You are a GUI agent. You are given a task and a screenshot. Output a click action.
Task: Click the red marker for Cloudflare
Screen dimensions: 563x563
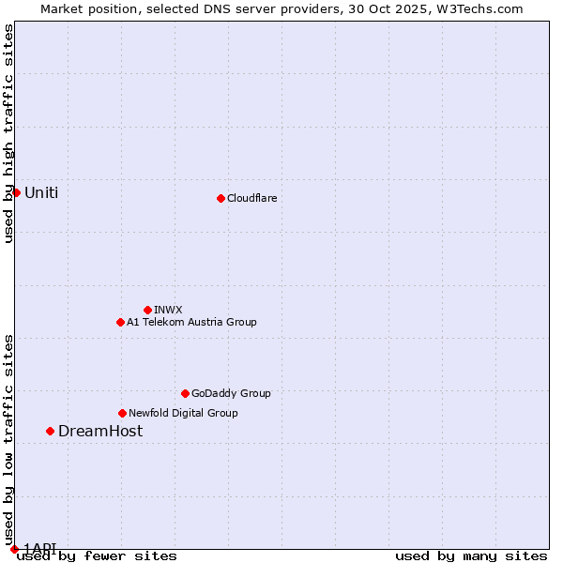[x=221, y=198]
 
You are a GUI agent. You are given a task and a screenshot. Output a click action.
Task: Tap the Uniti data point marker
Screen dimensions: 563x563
[x=16, y=192]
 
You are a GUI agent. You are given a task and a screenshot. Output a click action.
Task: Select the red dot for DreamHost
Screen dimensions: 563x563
[x=50, y=431]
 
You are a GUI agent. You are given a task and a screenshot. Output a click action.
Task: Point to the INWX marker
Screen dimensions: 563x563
[x=147, y=310]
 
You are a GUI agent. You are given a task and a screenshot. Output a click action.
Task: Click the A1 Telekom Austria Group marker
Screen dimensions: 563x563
[x=120, y=322]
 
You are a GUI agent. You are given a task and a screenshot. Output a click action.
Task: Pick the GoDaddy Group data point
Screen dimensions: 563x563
[x=185, y=393]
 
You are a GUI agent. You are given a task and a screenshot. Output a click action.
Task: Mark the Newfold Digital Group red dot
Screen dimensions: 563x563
[x=122, y=413]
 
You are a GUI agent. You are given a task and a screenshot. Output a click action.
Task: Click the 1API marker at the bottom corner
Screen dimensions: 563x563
[x=14, y=549]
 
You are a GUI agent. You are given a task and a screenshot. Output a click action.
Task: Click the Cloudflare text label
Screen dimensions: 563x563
[x=251, y=198]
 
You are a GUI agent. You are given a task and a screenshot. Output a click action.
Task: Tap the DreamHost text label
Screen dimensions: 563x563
[x=100, y=431]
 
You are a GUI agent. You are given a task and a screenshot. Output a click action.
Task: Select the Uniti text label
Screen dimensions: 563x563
[x=41, y=192]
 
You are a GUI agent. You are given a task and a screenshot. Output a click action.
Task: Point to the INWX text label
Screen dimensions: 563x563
[x=168, y=310]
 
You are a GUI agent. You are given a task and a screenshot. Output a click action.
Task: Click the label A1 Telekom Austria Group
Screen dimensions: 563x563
[x=191, y=322]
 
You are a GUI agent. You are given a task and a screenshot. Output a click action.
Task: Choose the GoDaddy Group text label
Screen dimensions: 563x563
[x=231, y=393]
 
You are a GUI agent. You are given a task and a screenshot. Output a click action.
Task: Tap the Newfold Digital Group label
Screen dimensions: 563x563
[x=183, y=413]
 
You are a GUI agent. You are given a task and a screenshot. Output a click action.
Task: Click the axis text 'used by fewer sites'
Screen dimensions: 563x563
[x=97, y=555]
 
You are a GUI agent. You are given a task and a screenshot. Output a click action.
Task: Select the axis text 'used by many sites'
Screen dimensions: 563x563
[x=471, y=555]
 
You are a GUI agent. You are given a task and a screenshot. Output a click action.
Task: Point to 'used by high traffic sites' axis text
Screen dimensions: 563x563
[x=8, y=133]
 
